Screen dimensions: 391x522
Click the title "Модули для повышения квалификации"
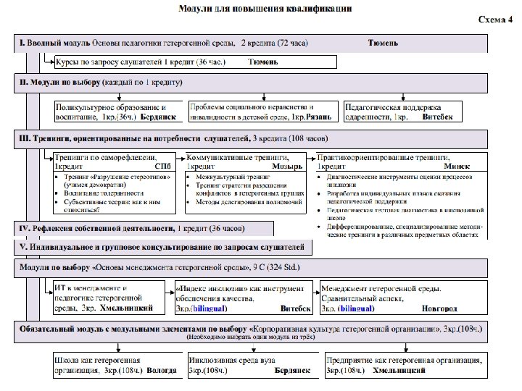pyautogui.click(x=265, y=9)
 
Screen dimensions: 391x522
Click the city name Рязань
pyautogui.click(x=319, y=116)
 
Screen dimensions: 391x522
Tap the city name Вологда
pyautogui.click(x=161, y=370)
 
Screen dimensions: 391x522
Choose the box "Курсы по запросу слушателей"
pyautogui.click(x=167, y=62)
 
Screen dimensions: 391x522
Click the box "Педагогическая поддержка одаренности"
pyautogui.click(x=402, y=111)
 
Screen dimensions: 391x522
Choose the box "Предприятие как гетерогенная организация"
pyautogui.click(x=404, y=364)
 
